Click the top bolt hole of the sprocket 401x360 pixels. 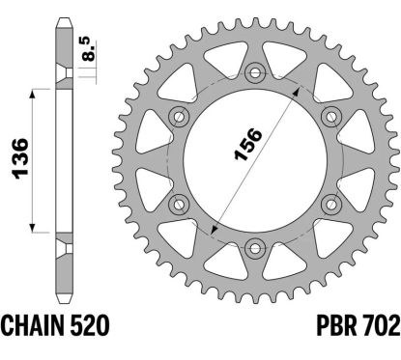point(255,71)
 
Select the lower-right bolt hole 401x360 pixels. point(329,202)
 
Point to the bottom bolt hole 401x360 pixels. point(255,245)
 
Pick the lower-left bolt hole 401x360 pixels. point(180,202)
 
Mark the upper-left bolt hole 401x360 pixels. point(180,116)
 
